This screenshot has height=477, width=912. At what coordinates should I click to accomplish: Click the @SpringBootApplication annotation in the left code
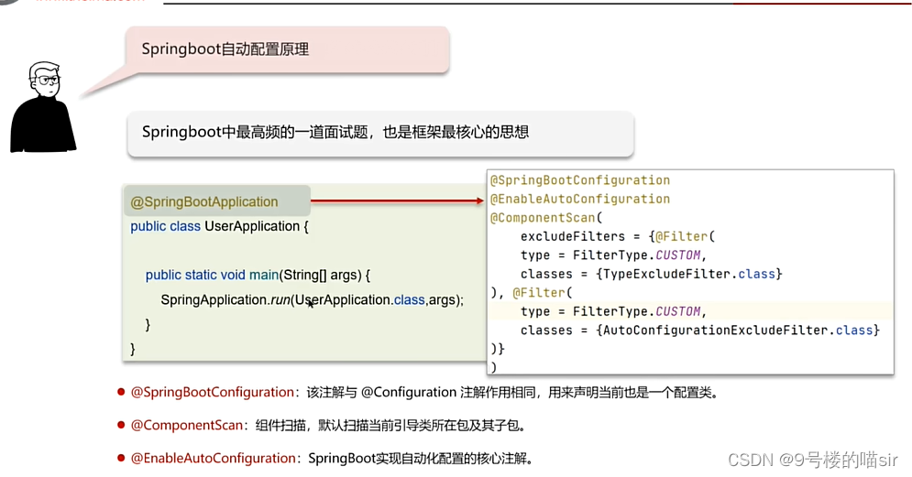click(204, 201)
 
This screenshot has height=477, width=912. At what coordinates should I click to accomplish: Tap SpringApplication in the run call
click(213, 299)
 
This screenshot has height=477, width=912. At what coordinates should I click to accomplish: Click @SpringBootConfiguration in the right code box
click(580, 180)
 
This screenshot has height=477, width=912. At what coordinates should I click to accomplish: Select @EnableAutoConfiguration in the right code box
click(580, 199)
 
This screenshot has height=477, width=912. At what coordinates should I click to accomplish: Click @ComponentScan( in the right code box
click(546, 218)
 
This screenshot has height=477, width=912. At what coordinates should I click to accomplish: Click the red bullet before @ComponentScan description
click(120, 425)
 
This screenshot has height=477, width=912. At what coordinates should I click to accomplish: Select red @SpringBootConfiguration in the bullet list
click(212, 392)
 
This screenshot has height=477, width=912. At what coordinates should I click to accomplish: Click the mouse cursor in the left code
click(311, 303)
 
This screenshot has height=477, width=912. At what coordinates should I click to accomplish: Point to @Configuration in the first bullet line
click(408, 392)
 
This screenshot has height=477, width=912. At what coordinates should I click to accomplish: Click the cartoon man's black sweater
click(42, 128)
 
